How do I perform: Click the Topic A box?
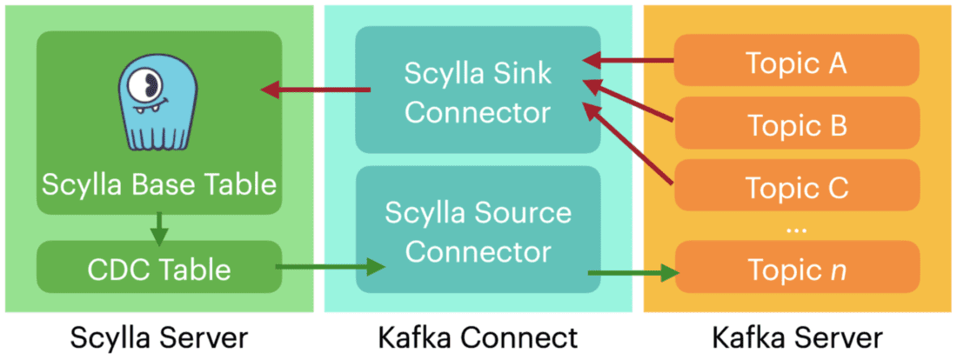[797, 62]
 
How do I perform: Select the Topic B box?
[797, 124]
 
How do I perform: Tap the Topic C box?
[797, 187]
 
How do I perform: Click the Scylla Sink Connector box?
[478, 90]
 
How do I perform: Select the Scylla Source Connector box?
[478, 232]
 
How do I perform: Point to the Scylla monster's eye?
[149, 85]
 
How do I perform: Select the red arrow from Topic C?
[630, 144]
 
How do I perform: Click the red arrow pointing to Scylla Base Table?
[317, 90]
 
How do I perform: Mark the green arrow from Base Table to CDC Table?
[157, 230]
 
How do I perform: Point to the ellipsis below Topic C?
[796, 229]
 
